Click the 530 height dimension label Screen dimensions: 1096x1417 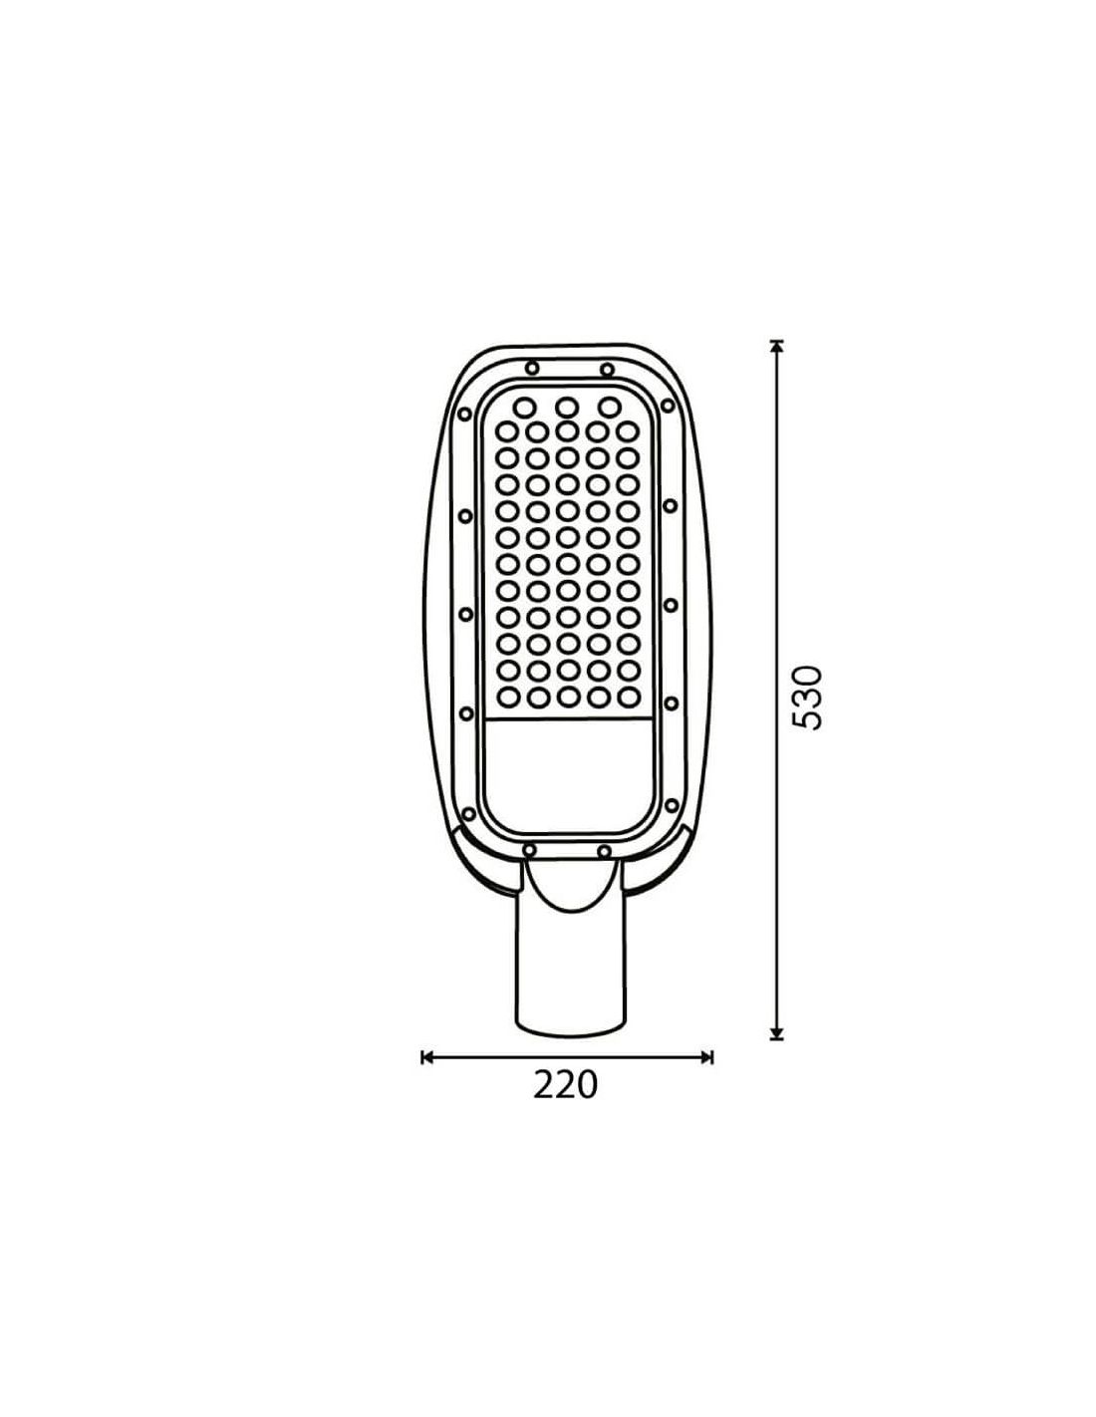[x=806, y=698]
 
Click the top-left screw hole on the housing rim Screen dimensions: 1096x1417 [x=532, y=368]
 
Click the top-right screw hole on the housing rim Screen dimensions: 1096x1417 [x=607, y=370]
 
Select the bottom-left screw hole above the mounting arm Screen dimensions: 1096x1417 [x=529, y=850]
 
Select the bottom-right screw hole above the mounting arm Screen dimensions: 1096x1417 [x=604, y=851]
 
